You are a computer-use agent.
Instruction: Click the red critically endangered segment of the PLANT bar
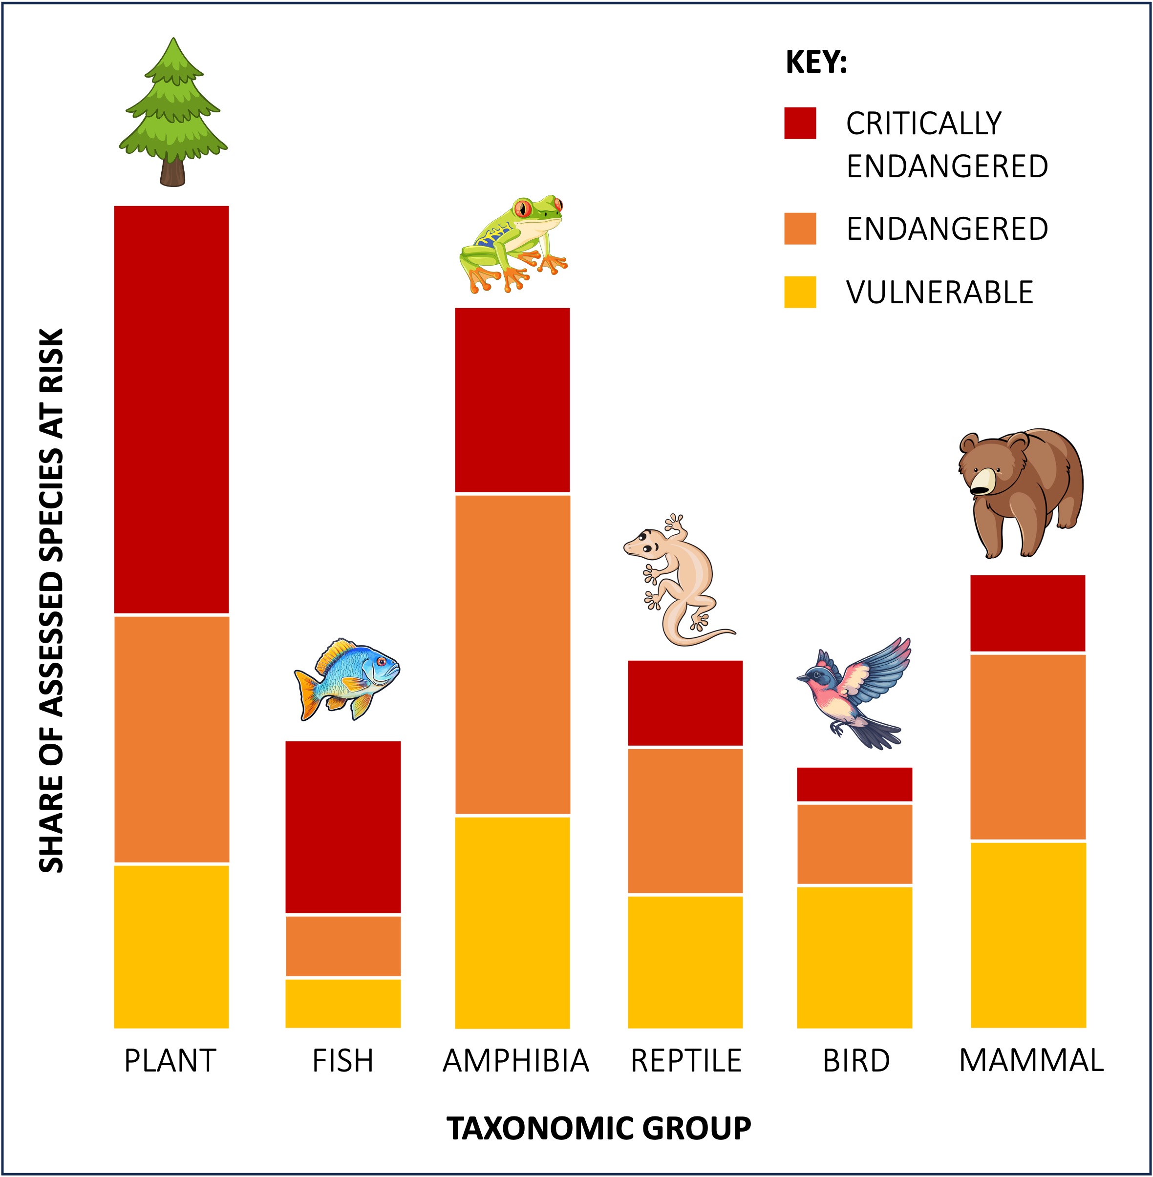tap(171, 409)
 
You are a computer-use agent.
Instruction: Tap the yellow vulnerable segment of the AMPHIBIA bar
tap(512, 922)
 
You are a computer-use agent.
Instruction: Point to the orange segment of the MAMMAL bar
tap(1027, 747)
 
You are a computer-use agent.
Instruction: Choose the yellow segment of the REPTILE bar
tap(685, 962)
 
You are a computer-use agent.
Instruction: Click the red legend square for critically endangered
tap(800, 124)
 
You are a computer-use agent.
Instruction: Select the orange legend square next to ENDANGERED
tap(800, 229)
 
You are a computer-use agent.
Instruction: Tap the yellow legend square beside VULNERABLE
tap(800, 293)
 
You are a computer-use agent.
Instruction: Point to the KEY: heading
tap(816, 63)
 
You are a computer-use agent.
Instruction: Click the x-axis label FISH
tap(343, 1061)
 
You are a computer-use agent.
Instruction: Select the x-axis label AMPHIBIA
tap(516, 1061)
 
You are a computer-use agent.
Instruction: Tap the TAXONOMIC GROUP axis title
tap(598, 1129)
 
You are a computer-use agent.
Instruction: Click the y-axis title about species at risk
tap(51, 601)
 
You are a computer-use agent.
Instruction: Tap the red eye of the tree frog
tap(522, 209)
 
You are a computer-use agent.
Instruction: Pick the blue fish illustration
tap(347, 678)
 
